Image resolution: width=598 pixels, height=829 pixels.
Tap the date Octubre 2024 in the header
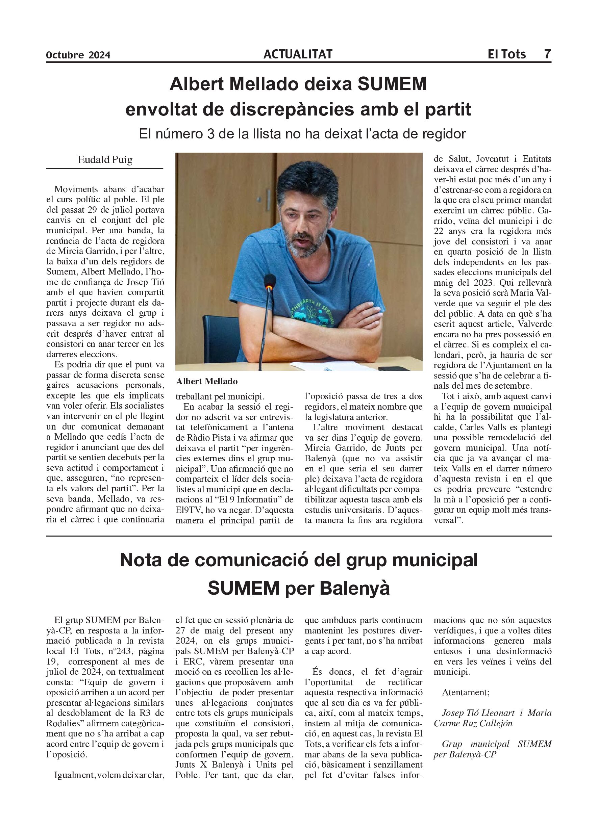(x=78, y=55)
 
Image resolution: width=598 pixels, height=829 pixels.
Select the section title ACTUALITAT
(x=298, y=54)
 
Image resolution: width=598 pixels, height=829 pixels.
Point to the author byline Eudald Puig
(x=105, y=160)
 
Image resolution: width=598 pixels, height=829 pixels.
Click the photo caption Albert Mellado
(x=207, y=381)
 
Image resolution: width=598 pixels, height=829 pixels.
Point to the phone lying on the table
(x=394, y=368)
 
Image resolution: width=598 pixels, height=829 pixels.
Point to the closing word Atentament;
(x=466, y=692)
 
